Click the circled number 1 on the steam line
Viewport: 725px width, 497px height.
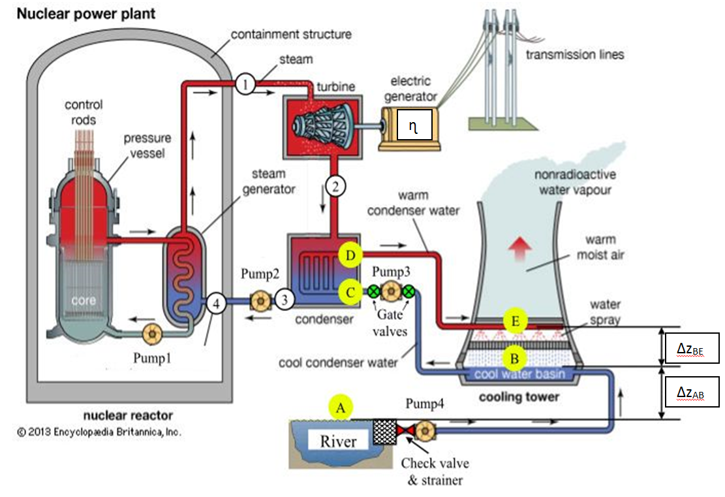click(245, 84)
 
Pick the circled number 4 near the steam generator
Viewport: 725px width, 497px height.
click(216, 303)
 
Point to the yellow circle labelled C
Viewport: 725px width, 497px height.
click(350, 292)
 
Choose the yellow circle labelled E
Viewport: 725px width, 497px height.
click(515, 321)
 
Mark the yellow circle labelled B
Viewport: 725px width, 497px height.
click(515, 357)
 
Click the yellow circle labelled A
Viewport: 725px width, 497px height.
click(339, 408)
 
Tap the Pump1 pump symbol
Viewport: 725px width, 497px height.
click(151, 334)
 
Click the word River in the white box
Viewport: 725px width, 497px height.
click(338, 441)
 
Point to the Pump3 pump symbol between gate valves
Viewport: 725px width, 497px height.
click(392, 291)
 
